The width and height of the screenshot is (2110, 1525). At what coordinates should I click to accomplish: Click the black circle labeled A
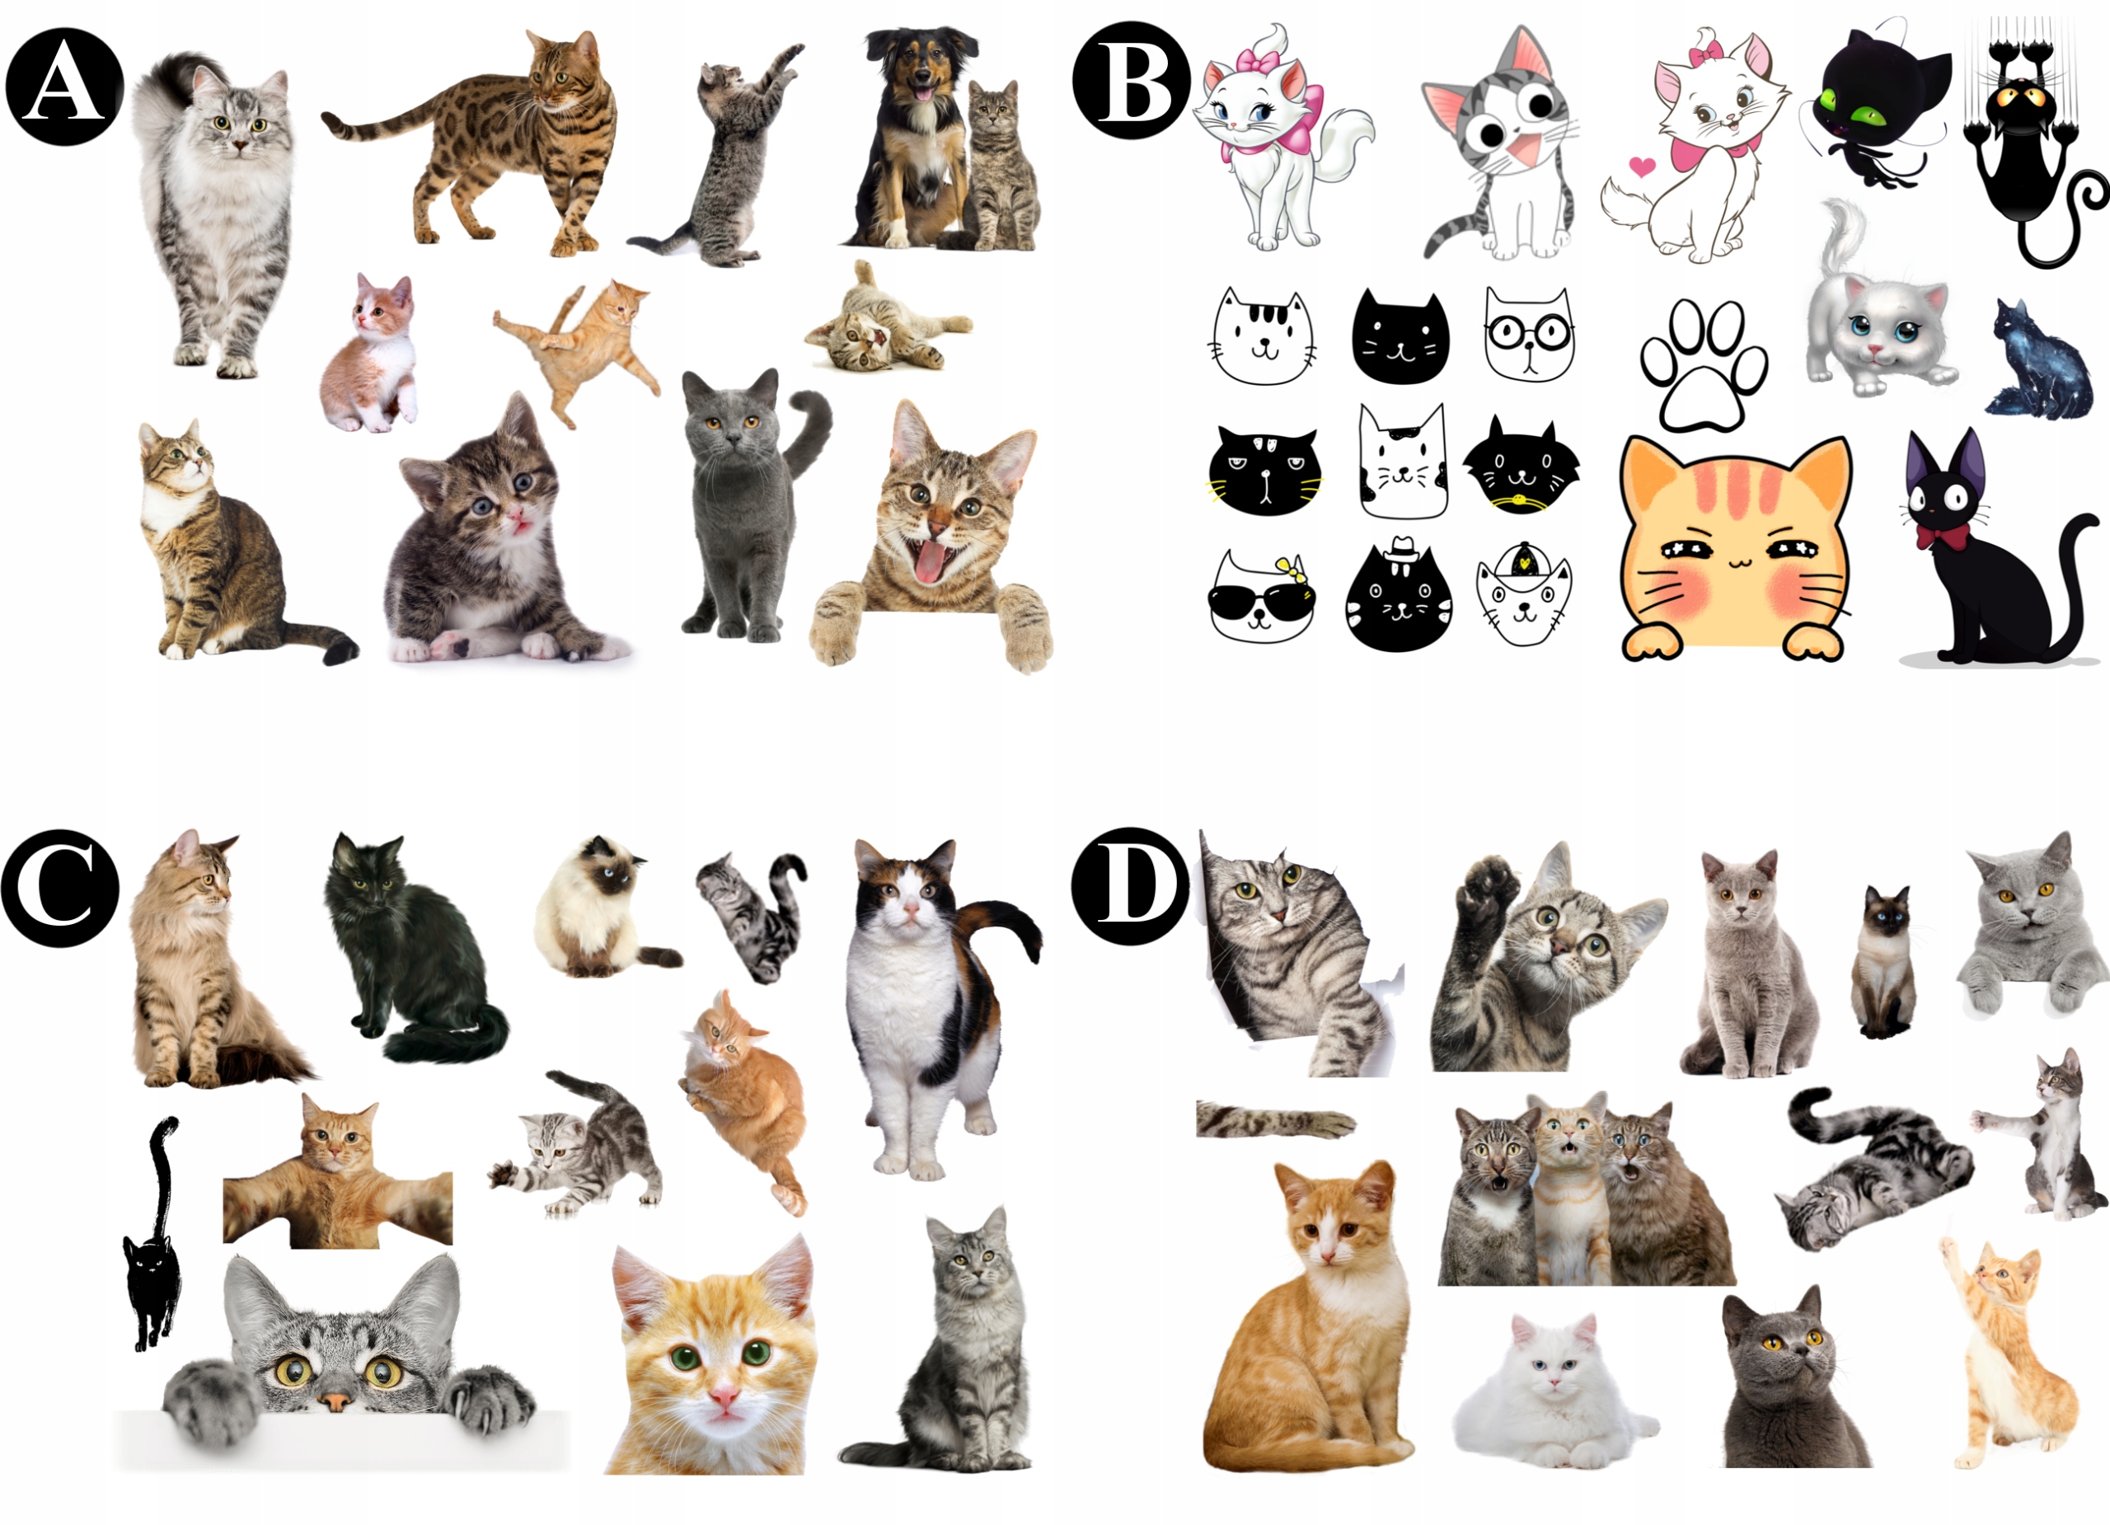point(65,87)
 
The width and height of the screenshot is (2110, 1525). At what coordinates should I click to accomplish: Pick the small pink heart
point(1642,167)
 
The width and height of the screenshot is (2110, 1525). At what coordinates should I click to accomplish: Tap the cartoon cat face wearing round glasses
point(1529,334)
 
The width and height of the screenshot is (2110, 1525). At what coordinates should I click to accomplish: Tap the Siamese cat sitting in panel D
point(1884,962)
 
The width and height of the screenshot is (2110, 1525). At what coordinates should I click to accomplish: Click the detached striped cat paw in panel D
point(1274,1120)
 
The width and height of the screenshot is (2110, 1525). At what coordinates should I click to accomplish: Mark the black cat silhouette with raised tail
point(152,1233)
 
